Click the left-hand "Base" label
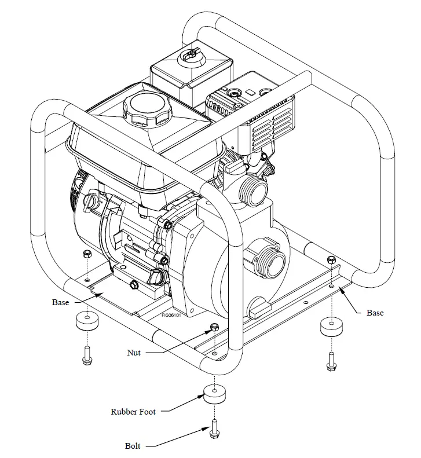point(60,302)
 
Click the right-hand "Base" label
point(375,313)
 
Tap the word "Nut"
point(134,352)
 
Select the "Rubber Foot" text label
point(133,412)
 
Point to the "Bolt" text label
point(133,446)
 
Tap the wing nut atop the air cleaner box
point(188,55)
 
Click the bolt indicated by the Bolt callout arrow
point(214,428)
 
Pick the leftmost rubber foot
point(86,321)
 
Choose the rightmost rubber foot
point(331,328)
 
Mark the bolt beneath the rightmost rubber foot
point(331,361)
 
